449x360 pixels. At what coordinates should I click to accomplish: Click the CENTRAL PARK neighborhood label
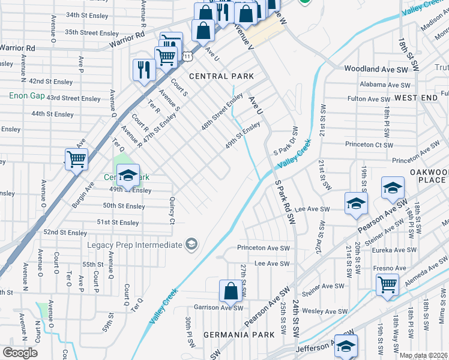click(x=221, y=76)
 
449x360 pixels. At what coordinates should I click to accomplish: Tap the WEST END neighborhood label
click(x=416, y=97)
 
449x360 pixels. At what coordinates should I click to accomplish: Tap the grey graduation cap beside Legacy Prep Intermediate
click(x=191, y=244)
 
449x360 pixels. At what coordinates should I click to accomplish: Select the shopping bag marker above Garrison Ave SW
click(x=231, y=292)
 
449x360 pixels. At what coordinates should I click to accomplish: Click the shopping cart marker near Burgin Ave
click(x=76, y=160)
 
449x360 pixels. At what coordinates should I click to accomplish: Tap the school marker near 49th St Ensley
click(x=128, y=176)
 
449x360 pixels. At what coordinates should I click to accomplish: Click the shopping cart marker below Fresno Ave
click(x=388, y=284)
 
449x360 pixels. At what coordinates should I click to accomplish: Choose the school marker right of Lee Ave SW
click(x=355, y=203)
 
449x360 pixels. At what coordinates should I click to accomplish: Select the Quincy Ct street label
click(x=172, y=211)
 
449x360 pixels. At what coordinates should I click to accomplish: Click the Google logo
click(x=20, y=352)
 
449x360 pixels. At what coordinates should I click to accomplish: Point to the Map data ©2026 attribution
click(x=424, y=355)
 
